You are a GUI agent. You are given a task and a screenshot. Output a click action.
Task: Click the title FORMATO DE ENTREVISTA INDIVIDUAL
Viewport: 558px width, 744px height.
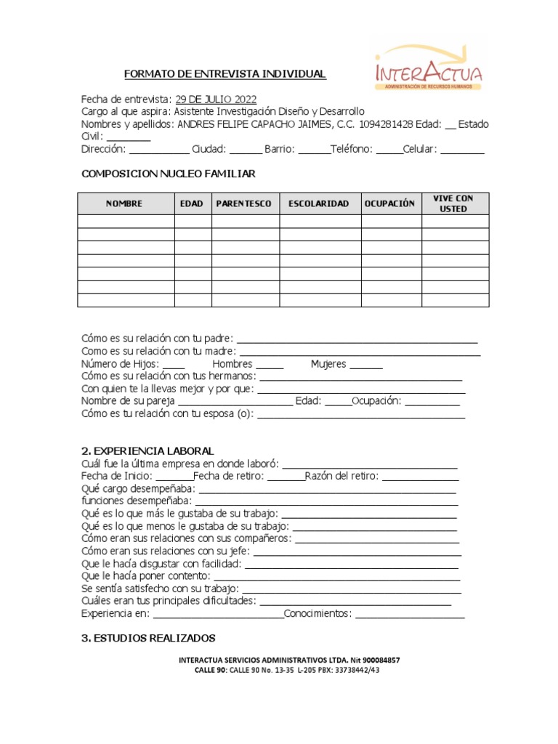click(x=225, y=74)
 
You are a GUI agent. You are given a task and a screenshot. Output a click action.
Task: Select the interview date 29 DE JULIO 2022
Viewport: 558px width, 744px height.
click(x=216, y=100)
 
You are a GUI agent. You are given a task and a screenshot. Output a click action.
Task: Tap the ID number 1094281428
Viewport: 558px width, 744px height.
click(x=386, y=124)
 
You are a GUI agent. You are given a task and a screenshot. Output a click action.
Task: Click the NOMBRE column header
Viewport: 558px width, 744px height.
click(x=125, y=203)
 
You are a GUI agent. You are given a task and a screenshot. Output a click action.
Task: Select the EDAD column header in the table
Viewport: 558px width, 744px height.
click(x=193, y=203)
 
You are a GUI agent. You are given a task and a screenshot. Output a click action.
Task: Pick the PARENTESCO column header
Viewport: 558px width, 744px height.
click(x=245, y=203)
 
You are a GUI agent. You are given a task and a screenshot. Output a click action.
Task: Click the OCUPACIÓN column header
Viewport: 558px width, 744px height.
click(x=390, y=203)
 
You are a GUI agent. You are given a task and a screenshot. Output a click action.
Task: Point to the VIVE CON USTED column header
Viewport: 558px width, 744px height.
click(x=454, y=203)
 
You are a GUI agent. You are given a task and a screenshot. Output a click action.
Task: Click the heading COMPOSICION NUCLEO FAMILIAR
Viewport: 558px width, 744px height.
click(x=168, y=174)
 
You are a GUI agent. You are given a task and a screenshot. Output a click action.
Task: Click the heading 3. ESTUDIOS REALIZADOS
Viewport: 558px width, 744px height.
click(x=148, y=638)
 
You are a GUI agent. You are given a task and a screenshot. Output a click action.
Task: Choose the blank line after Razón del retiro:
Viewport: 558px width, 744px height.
click(x=420, y=477)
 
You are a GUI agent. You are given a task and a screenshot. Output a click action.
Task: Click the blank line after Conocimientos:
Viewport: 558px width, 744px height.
click(x=410, y=615)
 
